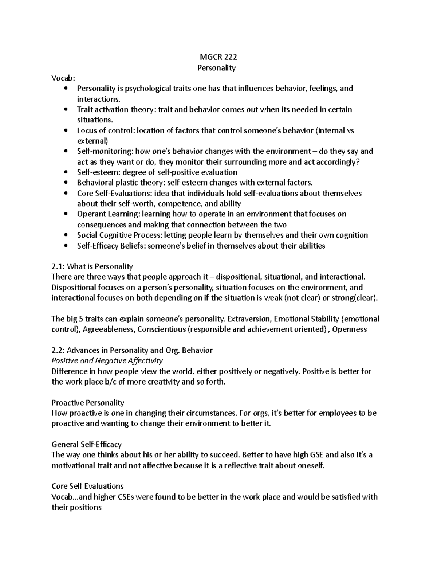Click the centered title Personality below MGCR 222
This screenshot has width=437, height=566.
pyautogui.click(x=216, y=67)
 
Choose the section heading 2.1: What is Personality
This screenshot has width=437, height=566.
pyautogui.click(x=92, y=266)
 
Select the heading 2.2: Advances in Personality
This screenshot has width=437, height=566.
pyautogui.click(x=132, y=350)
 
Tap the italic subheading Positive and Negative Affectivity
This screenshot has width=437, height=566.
pyautogui.click(x=107, y=361)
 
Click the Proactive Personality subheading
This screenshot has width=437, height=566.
pyautogui.click(x=88, y=403)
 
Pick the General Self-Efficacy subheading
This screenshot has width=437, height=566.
pyautogui.click(x=87, y=444)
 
